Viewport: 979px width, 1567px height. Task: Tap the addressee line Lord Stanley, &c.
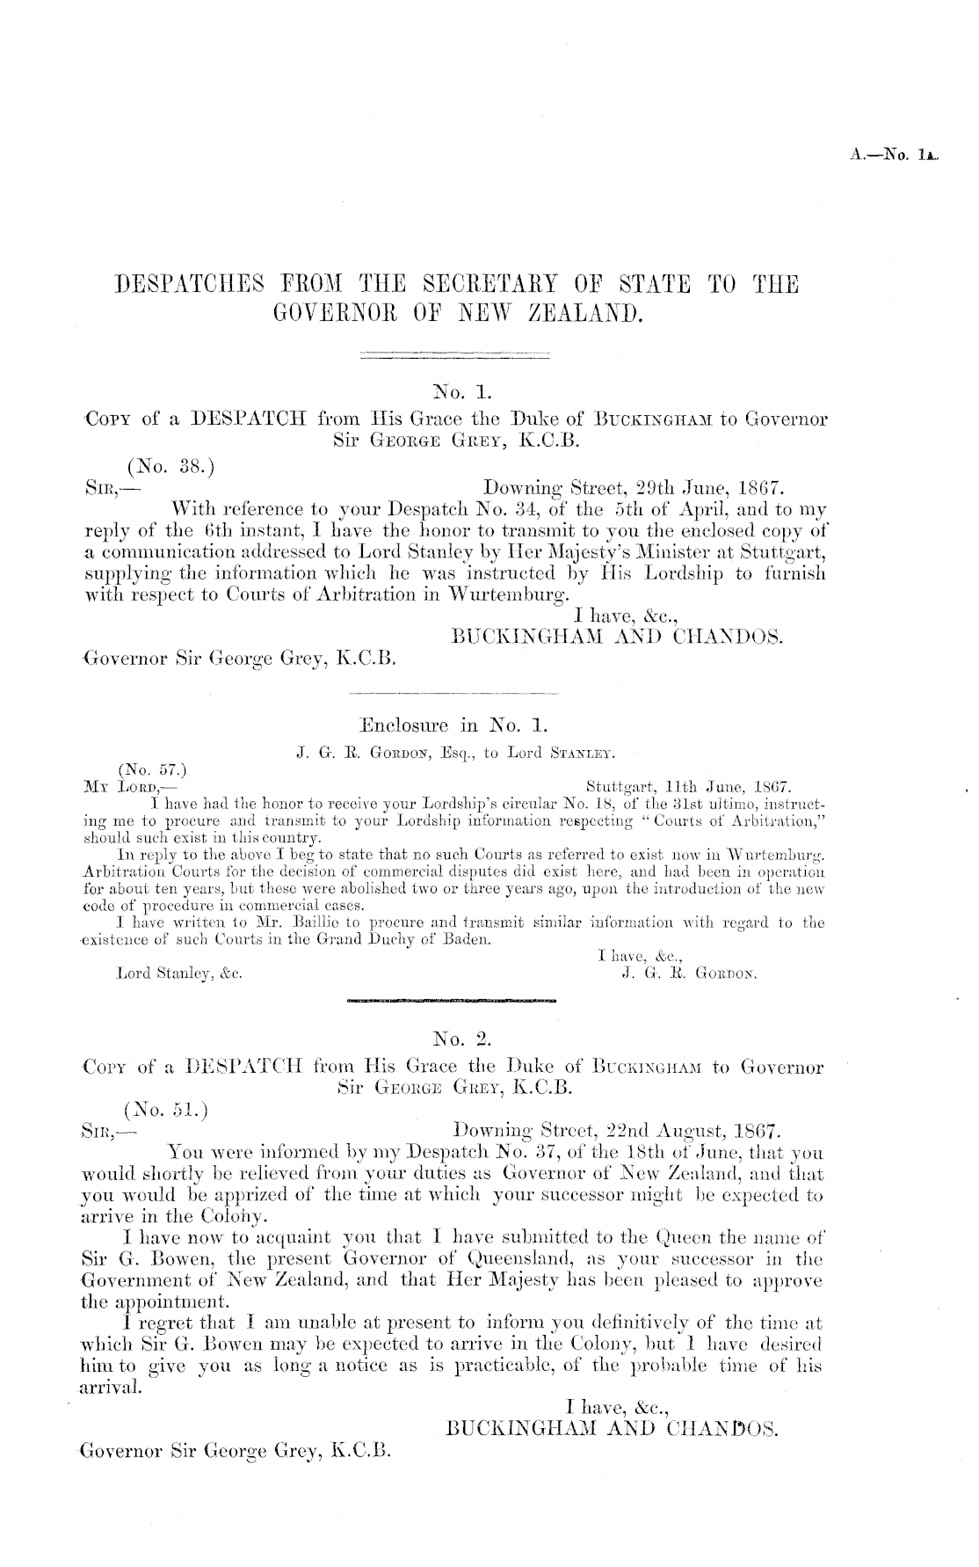pyautogui.click(x=179, y=974)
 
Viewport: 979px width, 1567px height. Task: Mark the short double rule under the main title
pyautogui.click(x=454, y=356)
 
